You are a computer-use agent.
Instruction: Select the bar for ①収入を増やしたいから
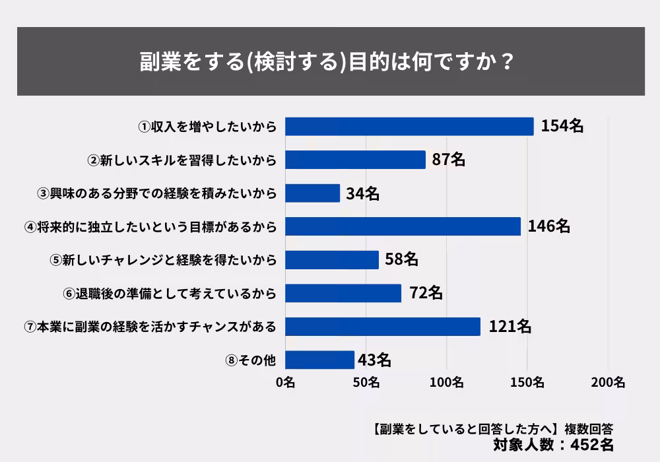(409, 126)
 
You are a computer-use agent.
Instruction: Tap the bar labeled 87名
(355, 160)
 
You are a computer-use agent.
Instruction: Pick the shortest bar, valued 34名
(312, 193)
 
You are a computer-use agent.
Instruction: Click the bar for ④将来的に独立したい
(403, 226)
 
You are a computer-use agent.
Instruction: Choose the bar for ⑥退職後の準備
(343, 293)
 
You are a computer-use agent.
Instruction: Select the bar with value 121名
(383, 326)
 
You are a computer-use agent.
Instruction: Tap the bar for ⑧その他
(319, 360)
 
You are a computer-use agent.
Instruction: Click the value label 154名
(562, 126)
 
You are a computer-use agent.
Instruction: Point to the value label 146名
(549, 226)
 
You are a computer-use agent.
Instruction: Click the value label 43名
(375, 360)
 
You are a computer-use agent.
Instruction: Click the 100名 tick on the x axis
(447, 382)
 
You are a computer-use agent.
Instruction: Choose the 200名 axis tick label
(609, 382)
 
